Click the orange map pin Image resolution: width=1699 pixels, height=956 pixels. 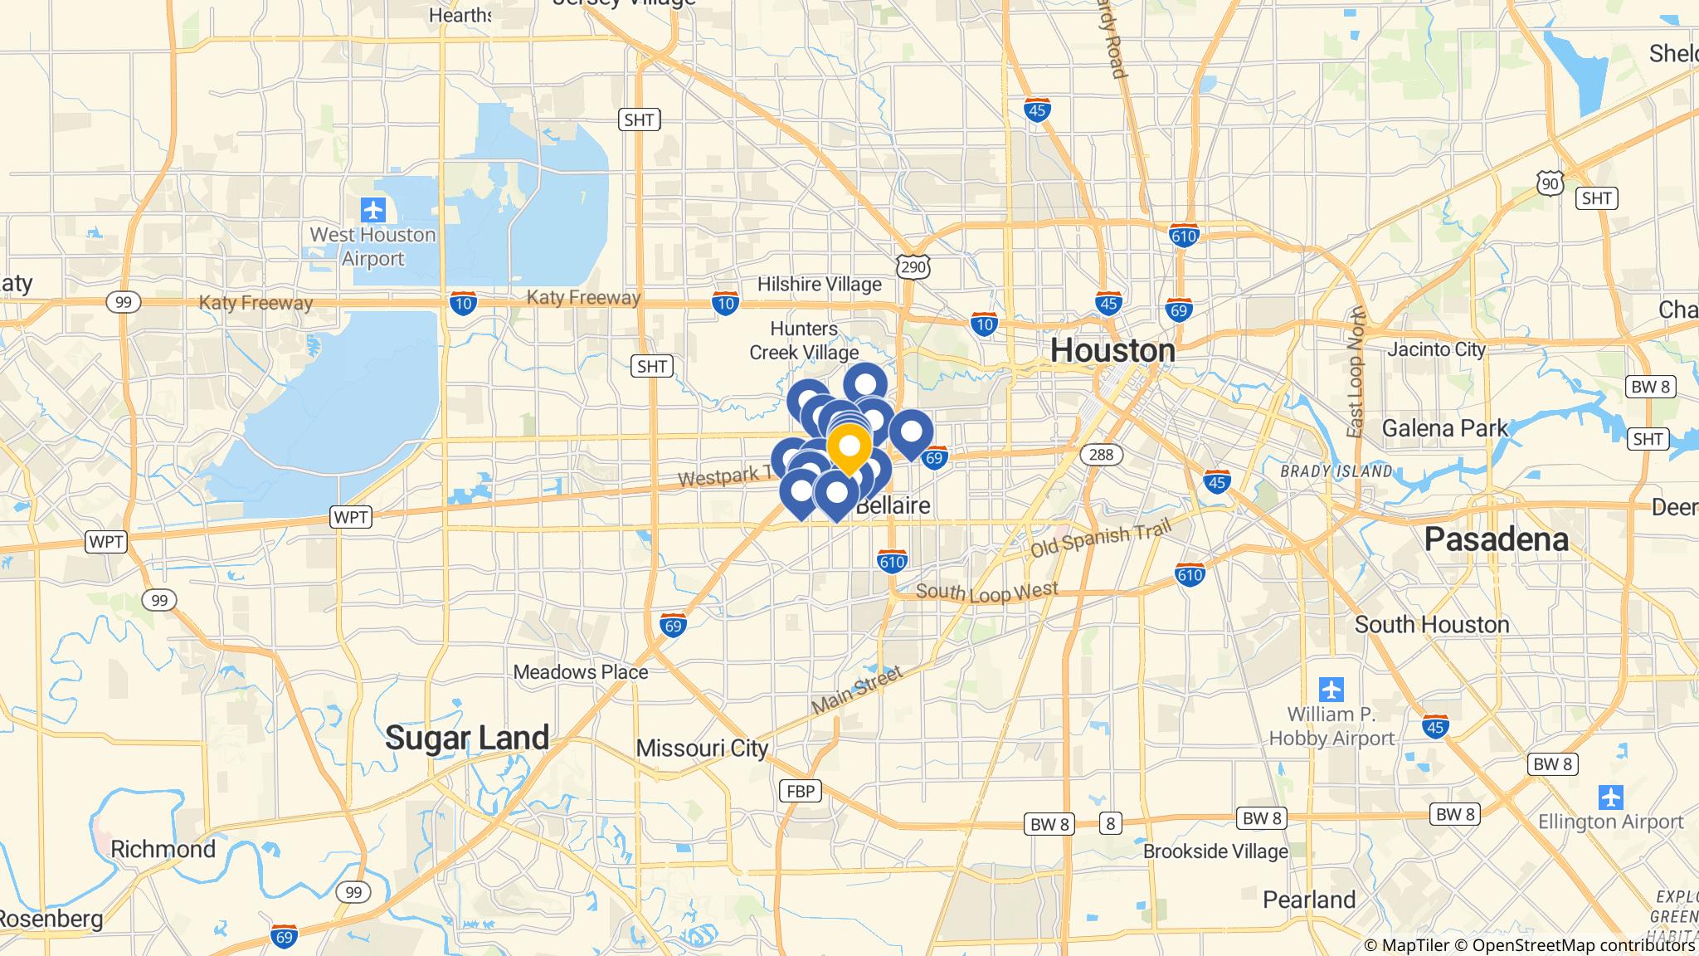pyautogui.click(x=849, y=448)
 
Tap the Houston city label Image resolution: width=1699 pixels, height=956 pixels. pyautogui.click(x=1112, y=351)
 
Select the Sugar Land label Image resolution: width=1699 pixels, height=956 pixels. pyautogui.click(x=467, y=737)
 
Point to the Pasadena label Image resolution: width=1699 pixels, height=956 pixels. pyautogui.click(x=1496, y=539)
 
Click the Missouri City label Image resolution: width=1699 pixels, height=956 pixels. pyautogui.click(x=702, y=749)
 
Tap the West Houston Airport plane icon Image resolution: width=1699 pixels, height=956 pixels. pyautogui.click(x=373, y=209)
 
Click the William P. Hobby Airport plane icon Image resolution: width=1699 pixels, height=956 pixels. pyautogui.click(x=1331, y=689)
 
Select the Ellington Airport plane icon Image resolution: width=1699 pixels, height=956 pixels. pyautogui.click(x=1610, y=797)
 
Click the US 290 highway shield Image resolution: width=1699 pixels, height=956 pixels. pyautogui.click(x=913, y=266)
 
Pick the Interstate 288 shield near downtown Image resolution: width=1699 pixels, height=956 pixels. pyautogui.click(x=1101, y=454)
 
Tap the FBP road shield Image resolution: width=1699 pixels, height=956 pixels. pyautogui.click(x=800, y=791)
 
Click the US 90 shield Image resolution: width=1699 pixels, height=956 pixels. pyautogui.click(x=1550, y=183)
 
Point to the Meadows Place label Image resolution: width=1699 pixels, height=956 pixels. pyautogui.click(x=581, y=671)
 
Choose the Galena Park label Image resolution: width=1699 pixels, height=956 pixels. pyautogui.click(x=1444, y=428)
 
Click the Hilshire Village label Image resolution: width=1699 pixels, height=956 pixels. pyautogui.click(x=819, y=285)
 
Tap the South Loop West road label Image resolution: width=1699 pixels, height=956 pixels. pyautogui.click(x=987, y=592)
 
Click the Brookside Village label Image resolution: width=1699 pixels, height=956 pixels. pyautogui.click(x=1215, y=851)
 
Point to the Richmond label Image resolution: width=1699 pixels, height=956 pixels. pyautogui.click(x=163, y=849)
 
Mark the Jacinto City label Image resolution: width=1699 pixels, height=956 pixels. pyautogui.click(x=1436, y=349)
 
